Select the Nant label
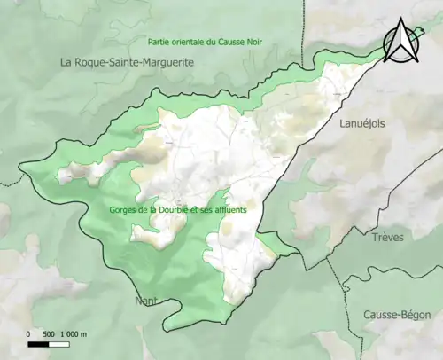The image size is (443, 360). (145, 301)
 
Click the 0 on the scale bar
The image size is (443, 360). (28, 333)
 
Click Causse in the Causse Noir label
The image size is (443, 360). (243, 42)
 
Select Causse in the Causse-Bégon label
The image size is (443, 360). (378, 315)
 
